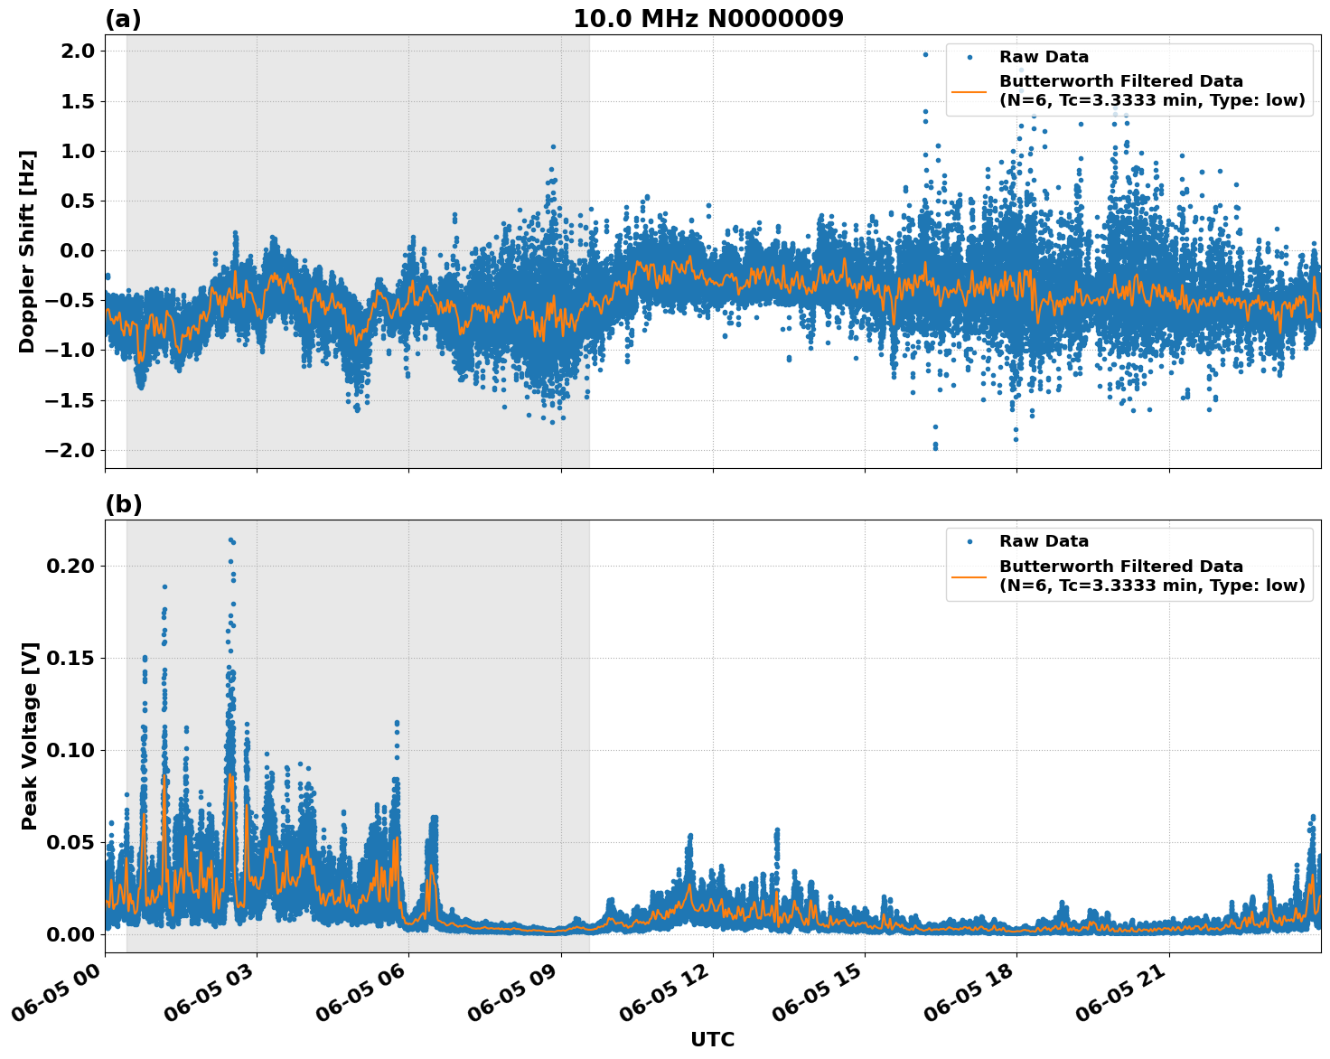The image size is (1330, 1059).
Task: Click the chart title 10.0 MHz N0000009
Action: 707,19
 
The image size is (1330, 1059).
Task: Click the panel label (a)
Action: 123,19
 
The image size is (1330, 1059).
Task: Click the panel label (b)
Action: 123,504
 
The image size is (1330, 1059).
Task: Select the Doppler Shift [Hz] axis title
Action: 27,251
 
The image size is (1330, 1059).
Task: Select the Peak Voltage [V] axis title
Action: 30,736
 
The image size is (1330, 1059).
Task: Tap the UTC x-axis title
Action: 712,1039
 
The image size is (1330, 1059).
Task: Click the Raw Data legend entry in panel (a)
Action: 1044,57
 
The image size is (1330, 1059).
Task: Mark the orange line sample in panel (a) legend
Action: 969,91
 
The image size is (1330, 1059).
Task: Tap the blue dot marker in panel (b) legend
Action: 969,541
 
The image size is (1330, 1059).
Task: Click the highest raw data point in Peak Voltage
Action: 230,539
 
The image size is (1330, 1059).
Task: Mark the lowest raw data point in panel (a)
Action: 935,447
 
